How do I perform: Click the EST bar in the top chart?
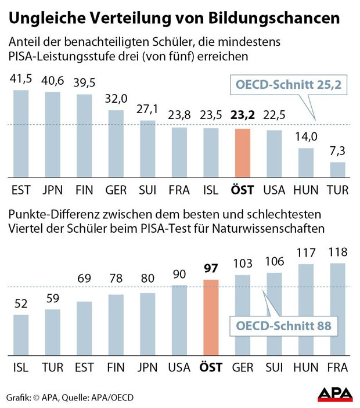tap(21, 134)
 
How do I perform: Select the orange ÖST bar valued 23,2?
tap(243, 153)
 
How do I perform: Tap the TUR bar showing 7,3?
tap(338, 170)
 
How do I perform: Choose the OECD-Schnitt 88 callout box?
tap(283, 326)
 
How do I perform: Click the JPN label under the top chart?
tap(53, 189)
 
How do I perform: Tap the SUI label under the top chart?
tap(148, 189)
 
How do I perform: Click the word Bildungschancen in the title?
tap(282, 19)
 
